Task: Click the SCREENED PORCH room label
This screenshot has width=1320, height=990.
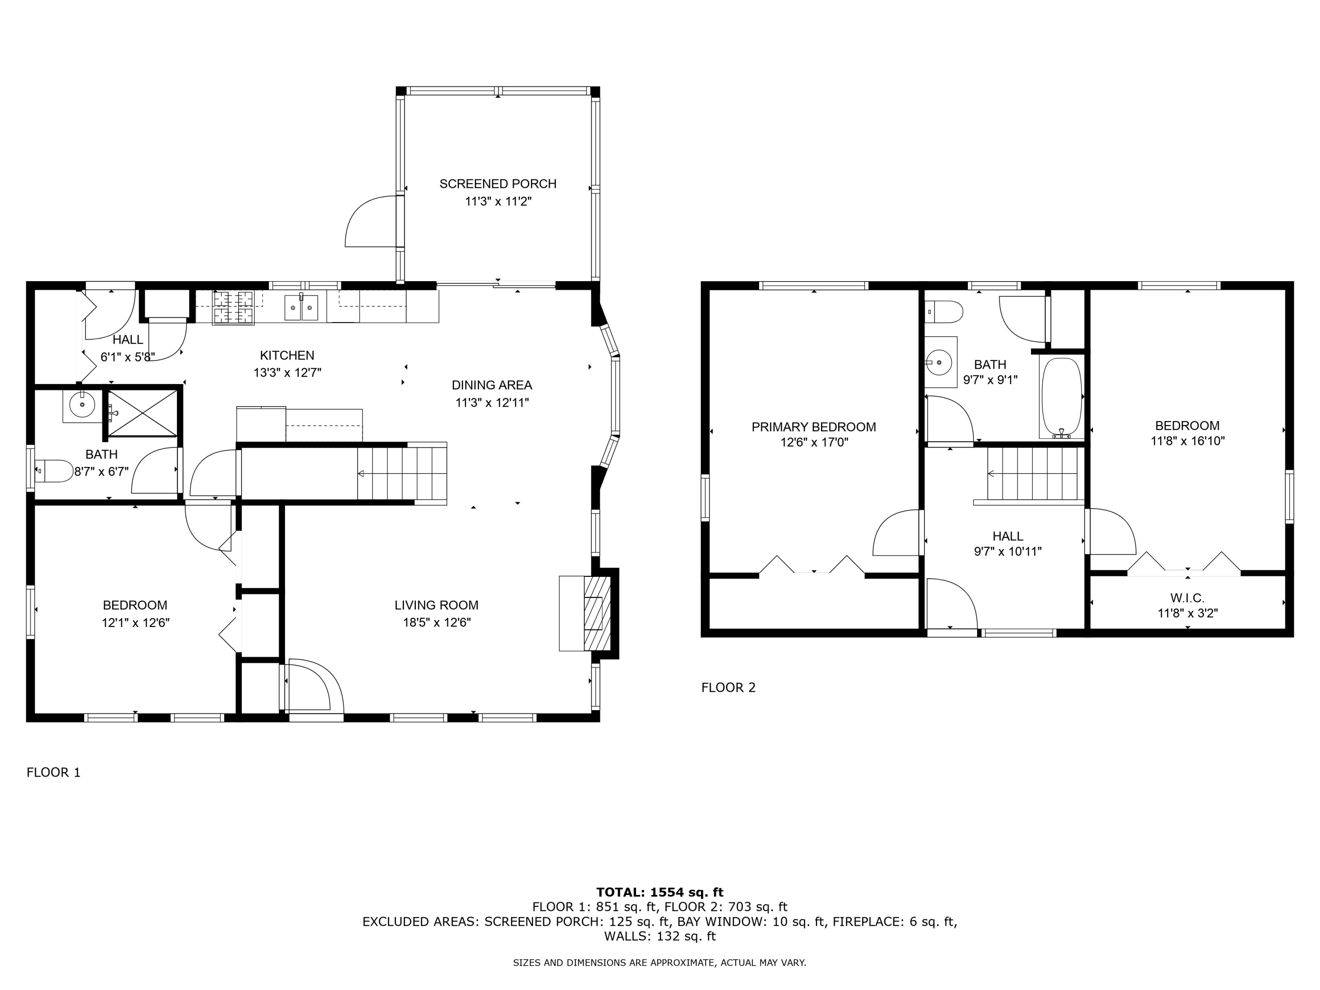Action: [498, 184]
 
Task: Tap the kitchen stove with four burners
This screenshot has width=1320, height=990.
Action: [233, 307]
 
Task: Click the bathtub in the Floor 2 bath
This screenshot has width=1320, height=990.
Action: [1061, 397]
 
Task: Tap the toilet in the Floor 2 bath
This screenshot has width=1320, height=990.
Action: [944, 312]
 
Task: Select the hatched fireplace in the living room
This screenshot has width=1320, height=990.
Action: [597, 613]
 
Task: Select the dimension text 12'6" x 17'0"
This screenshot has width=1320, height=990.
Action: [814, 442]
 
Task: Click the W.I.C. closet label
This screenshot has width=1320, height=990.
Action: [1187, 598]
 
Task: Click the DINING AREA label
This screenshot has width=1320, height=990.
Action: [492, 385]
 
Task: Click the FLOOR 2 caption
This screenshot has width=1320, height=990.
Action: [728, 687]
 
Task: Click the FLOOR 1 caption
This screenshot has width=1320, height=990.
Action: [53, 772]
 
